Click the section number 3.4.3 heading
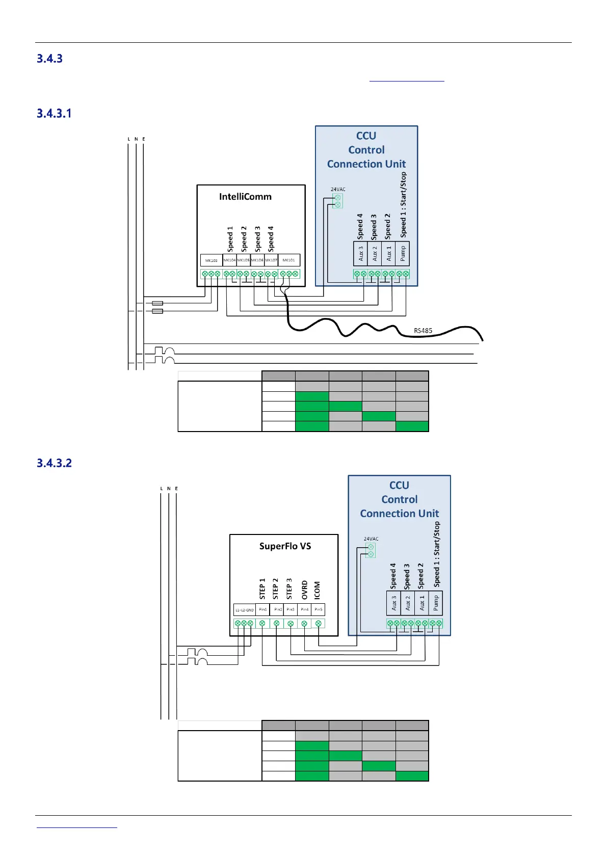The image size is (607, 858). pos(49,59)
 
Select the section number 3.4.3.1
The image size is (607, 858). pos(54,113)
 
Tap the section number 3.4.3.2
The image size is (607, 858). pos(54,463)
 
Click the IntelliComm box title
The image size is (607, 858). pos(245,197)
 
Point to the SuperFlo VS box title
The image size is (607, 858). pos(285,546)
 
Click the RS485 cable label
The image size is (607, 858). pos(423,331)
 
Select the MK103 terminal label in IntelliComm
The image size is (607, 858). pos(211,260)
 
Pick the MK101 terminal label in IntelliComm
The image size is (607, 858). pos(288,260)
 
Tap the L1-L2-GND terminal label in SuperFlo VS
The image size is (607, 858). pos(244,610)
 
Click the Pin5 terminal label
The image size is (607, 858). pos(318,609)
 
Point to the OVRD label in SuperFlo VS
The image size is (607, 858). pos(305,589)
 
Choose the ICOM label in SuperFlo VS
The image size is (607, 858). pos(317,590)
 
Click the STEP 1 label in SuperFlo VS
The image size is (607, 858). pos(262,588)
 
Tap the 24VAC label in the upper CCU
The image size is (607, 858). pos(338,190)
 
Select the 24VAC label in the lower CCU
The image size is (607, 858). pos(371,539)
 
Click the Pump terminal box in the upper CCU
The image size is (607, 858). pos(403,253)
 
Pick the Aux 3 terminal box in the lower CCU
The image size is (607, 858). pos(393,603)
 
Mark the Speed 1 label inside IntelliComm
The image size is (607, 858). pos(230,239)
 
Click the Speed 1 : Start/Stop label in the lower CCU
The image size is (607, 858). pos(437,554)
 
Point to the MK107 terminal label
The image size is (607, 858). pos(271,260)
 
